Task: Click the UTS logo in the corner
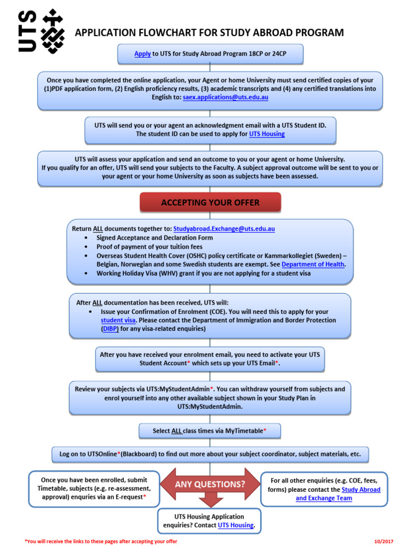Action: coord(41,31)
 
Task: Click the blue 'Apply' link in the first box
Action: coord(142,53)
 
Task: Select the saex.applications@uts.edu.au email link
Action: coord(225,97)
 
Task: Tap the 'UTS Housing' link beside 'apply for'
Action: coord(267,134)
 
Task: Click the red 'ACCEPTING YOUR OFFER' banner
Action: coord(210,203)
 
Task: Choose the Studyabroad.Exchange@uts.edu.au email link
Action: coord(224,229)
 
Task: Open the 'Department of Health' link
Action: coord(313,264)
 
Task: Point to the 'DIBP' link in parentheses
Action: coord(110,329)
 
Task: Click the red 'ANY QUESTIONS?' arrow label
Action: coord(209,484)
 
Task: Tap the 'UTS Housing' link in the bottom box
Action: coord(236,525)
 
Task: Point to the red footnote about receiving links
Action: coord(101,542)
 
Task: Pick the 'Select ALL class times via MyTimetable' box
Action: coord(210,431)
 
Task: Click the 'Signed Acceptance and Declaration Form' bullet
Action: coord(154,238)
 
